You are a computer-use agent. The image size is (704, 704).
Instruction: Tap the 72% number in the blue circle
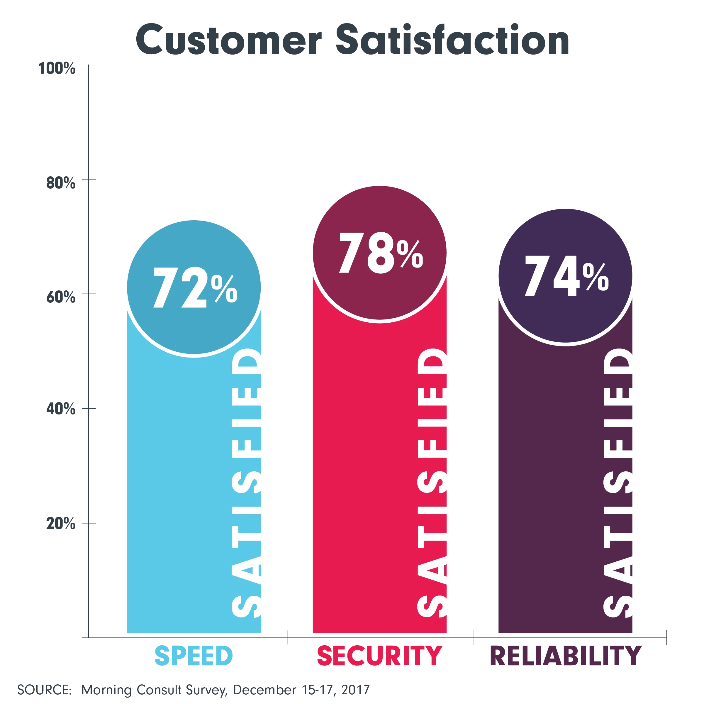tap(195, 287)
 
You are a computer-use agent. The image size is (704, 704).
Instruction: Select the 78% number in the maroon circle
tap(380, 253)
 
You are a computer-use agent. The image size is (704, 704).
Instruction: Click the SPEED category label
tap(194, 656)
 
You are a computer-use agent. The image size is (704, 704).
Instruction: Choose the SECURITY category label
tap(380, 656)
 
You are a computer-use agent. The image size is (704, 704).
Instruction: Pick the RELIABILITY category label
tap(566, 656)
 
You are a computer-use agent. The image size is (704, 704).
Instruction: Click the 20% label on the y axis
tap(60, 524)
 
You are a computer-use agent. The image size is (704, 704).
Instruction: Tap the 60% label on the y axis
tap(60, 297)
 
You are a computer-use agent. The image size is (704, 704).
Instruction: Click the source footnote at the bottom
tap(193, 689)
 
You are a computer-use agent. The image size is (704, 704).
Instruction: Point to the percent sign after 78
tap(410, 254)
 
